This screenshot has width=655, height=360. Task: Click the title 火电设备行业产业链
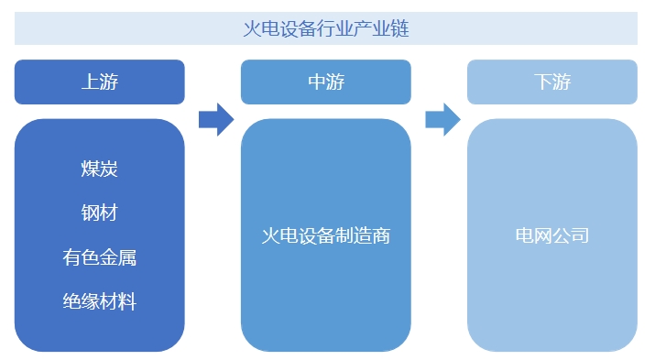[326, 28]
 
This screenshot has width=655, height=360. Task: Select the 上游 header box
[100, 82]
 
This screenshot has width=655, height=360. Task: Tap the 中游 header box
[326, 82]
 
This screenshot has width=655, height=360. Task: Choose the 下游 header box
[551, 82]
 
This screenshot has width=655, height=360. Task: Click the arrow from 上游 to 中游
[215, 119]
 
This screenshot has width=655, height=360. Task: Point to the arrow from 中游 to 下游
[442, 119]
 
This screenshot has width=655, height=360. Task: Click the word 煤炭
[100, 169]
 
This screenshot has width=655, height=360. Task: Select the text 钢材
[100, 213]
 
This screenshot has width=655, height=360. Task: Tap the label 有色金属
[100, 257]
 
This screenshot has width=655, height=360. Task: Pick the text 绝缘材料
[100, 301]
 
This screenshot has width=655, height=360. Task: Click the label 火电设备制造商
[326, 235]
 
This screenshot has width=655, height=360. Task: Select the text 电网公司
[551, 235]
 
